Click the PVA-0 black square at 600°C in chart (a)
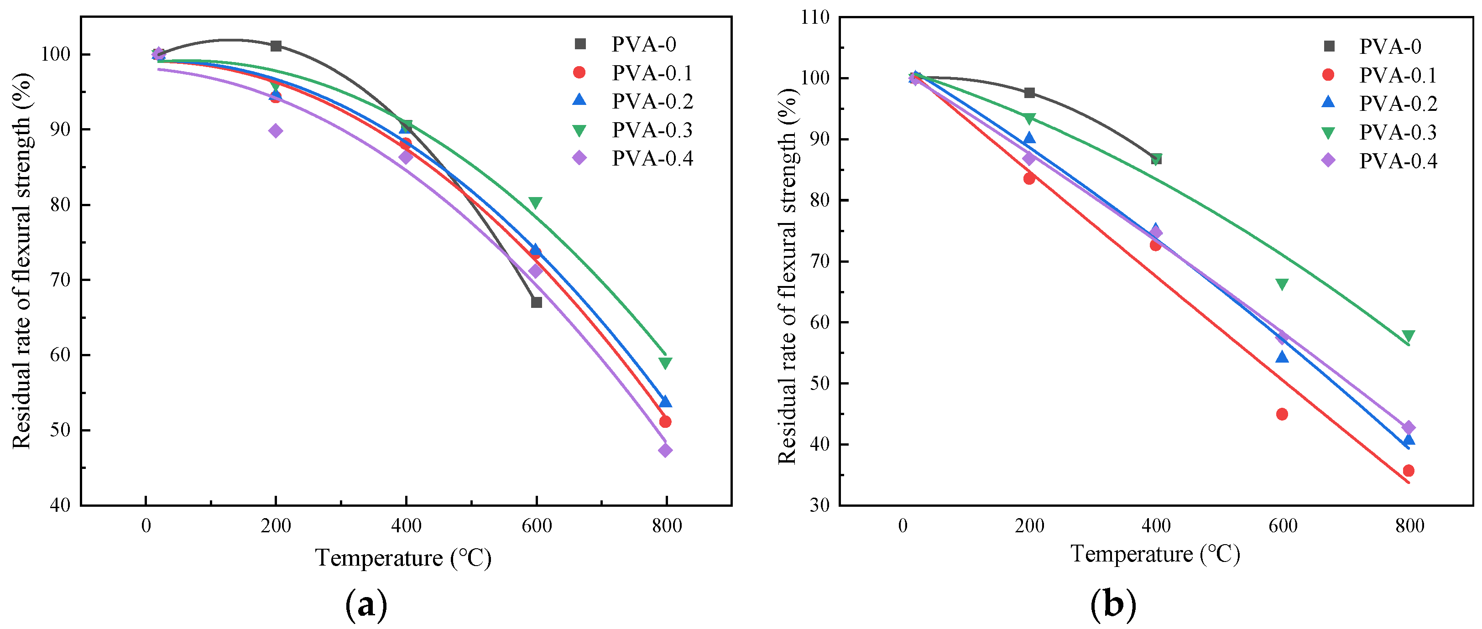click(536, 302)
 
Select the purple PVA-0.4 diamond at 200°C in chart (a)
click(276, 130)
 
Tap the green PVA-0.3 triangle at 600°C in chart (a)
click(535, 203)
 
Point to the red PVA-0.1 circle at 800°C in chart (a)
click(665, 421)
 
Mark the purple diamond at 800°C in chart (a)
click(665, 450)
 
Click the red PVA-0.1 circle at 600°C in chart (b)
click(1282, 414)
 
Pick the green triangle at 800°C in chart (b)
click(1409, 336)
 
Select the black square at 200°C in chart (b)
click(1029, 93)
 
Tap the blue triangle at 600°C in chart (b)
click(1282, 357)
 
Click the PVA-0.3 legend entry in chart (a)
click(652, 130)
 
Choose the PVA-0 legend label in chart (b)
click(1390, 47)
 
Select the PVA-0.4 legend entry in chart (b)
click(1398, 161)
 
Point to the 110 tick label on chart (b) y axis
click(815, 17)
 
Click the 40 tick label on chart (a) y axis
click(60, 505)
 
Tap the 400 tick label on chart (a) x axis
click(406, 525)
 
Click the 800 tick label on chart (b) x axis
click(1409, 525)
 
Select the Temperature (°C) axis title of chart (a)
click(403, 558)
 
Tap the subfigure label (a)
click(366, 605)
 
